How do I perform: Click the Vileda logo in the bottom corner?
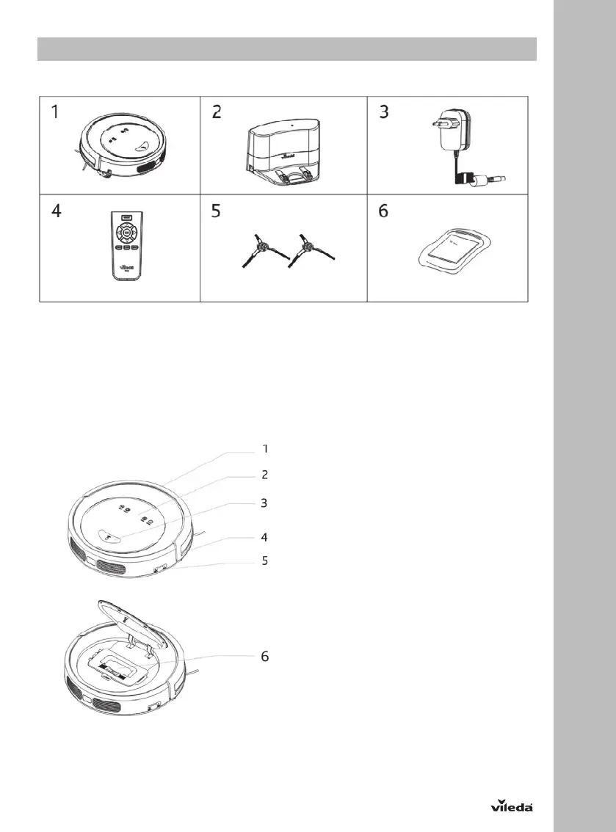pos(511,805)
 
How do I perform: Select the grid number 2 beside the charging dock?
pos(217,113)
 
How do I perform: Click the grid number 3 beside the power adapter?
pos(383,113)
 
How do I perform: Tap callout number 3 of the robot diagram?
pos(265,503)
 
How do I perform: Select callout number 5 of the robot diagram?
pos(265,561)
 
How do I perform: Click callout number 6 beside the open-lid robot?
pos(265,656)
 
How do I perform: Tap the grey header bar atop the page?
pos(287,50)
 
